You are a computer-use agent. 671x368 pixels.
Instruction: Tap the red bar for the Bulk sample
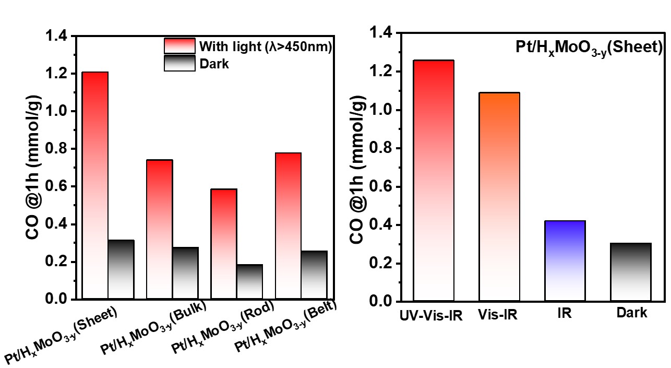coord(159,229)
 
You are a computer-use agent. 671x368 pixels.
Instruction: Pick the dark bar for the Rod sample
coord(249,282)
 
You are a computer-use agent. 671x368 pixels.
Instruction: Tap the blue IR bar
coord(565,261)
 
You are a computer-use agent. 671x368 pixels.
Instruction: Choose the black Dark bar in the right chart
coord(630,272)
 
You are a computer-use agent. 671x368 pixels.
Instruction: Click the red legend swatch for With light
coord(179,46)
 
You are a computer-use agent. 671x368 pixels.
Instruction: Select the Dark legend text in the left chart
coord(214,64)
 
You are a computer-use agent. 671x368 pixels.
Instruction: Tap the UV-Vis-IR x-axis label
coord(432,316)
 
